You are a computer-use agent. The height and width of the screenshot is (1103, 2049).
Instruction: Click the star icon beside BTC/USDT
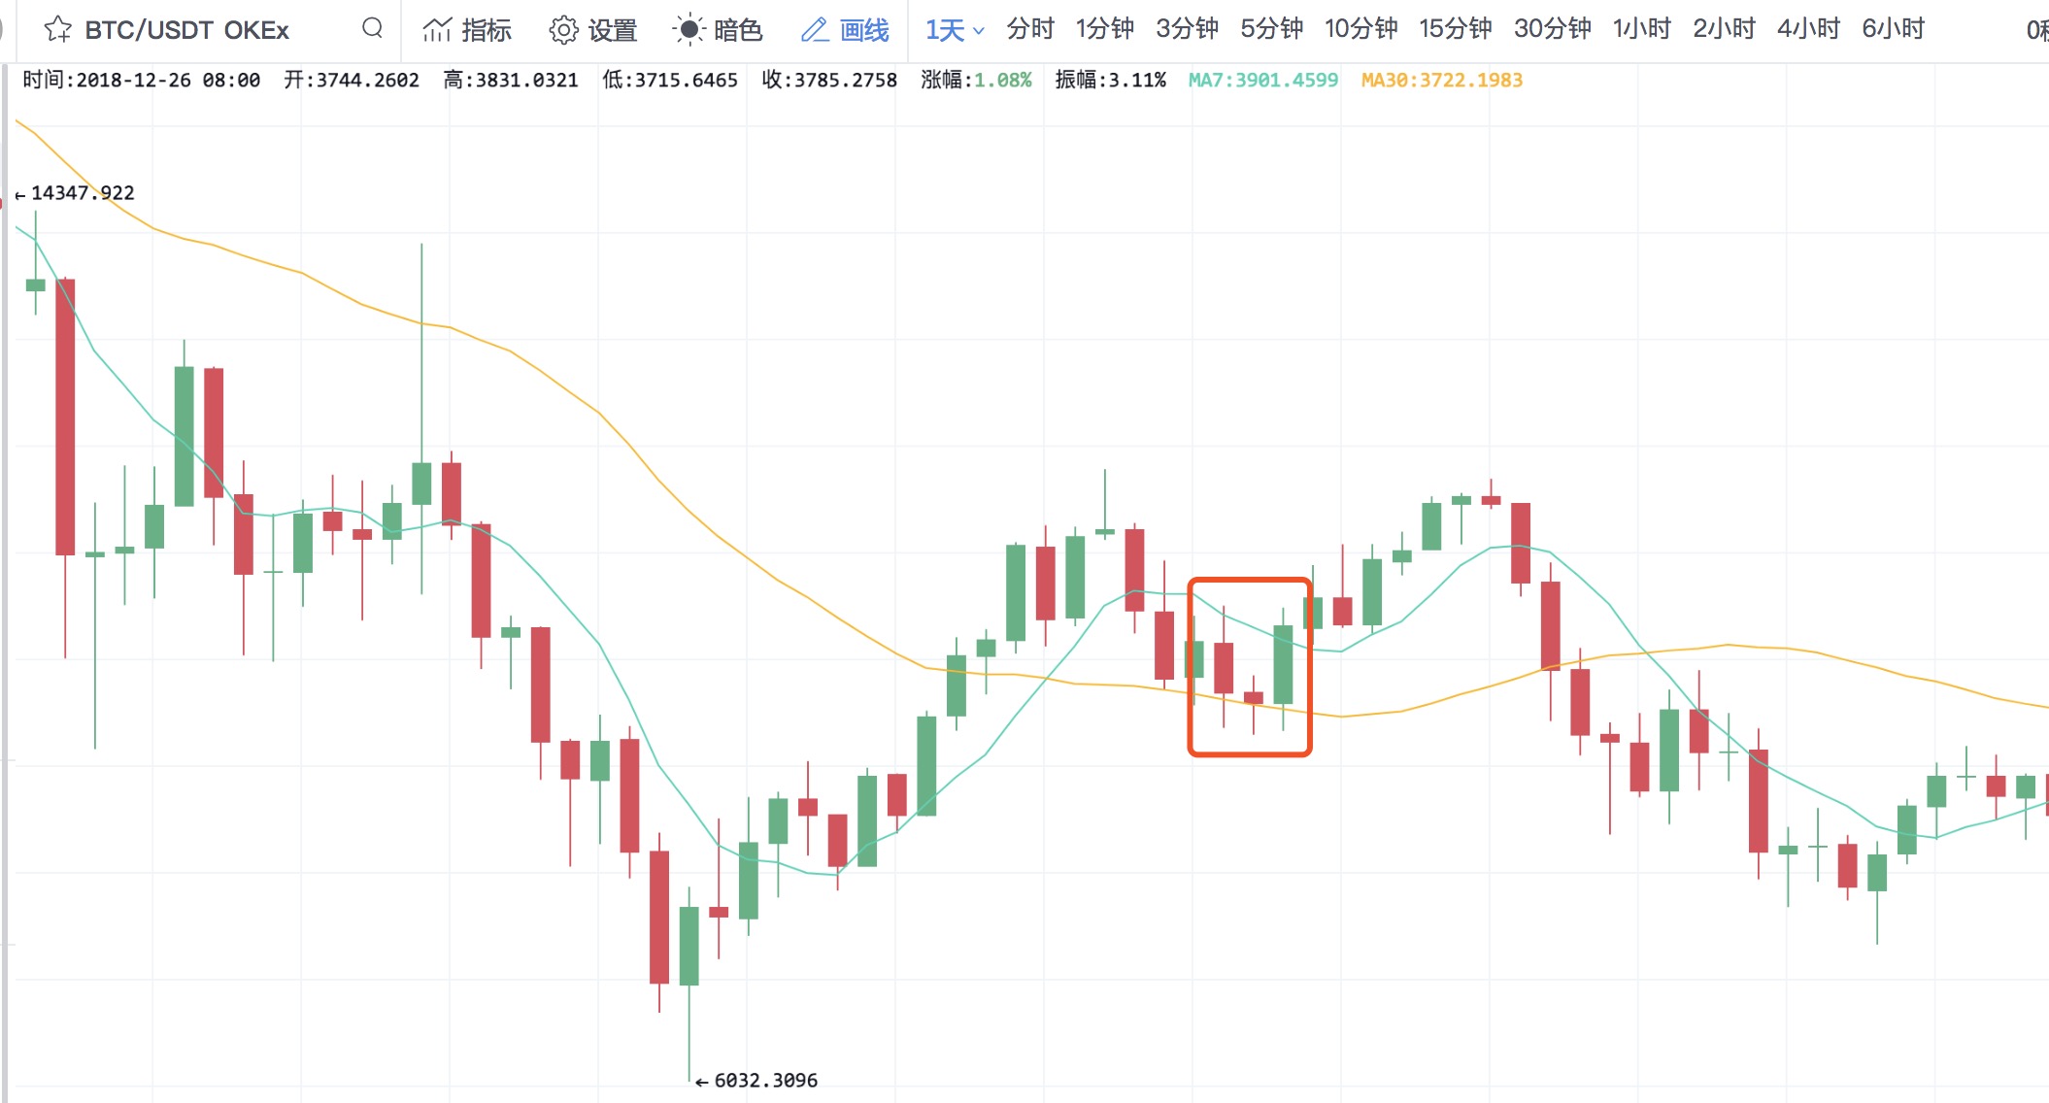click(x=58, y=29)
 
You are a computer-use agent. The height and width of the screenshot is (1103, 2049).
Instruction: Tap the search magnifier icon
click(x=372, y=28)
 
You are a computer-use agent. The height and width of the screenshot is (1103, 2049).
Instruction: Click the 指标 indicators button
click(x=467, y=30)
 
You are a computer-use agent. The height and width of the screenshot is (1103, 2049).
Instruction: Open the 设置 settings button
click(x=592, y=30)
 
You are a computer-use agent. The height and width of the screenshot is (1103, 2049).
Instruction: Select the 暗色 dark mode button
click(x=718, y=30)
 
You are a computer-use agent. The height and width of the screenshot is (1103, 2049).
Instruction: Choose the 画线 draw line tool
click(x=845, y=30)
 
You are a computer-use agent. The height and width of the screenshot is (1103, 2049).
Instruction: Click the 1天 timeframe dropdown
click(x=954, y=30)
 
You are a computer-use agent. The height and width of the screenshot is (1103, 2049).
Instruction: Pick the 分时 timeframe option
click(x=1030, y=29)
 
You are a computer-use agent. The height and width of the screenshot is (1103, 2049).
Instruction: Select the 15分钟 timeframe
click(x=1455, y=29)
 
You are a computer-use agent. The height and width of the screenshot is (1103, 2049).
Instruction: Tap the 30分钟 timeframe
click(x=1552, y=29)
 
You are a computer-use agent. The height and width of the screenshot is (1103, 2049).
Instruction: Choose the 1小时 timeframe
click(x=1641, y=29)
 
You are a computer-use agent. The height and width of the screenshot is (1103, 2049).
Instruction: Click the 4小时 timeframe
click(x=1808, y=29)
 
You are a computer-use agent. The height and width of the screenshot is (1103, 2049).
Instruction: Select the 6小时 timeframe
click(x=1893, y=29)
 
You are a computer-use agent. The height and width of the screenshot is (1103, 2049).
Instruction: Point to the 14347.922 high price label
click(x=83, y=193)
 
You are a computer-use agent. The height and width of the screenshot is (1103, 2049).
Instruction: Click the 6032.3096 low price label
click(x=765, y=1081)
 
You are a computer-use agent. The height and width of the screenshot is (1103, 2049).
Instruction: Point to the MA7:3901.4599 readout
click(x=1262, y=81)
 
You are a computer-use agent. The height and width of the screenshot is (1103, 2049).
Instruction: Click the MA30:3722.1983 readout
click(x=1441, y=81)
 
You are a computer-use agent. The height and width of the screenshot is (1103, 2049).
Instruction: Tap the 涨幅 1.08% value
click(x=1002, y=81)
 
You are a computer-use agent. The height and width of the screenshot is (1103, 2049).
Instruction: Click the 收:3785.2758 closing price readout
click(x=829, y=81)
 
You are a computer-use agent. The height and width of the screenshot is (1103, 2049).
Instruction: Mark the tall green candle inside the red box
click(x=1283, y=665)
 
